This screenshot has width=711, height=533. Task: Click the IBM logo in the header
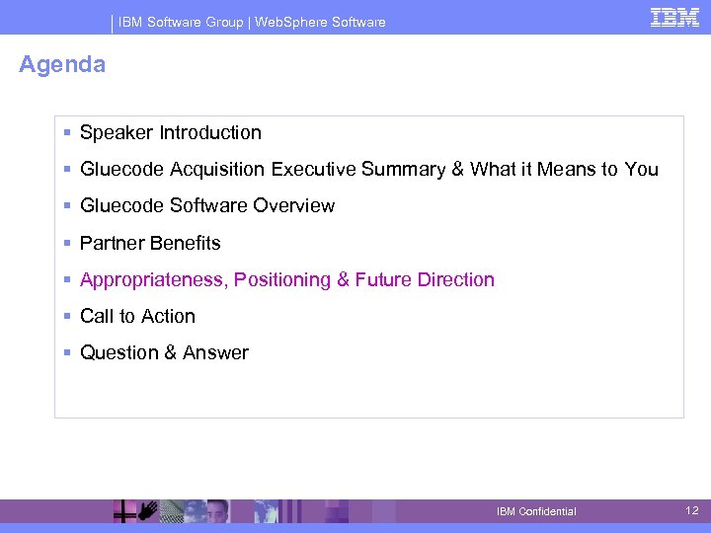tap(675, 17)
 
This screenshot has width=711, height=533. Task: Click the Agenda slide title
tap(62, 65)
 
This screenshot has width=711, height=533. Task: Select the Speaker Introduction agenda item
tap(170, 132)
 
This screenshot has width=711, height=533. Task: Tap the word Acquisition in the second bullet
tap(217, 170)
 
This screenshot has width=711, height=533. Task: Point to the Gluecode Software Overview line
tap(206, 206)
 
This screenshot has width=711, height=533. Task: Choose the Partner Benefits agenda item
tap(150, 243)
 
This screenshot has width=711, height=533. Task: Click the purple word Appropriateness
tap(154, 280)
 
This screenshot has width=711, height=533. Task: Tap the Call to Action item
tap(137, 317)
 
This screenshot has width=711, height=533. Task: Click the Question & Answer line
tap(164, 353)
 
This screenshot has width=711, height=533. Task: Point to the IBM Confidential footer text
tap(536, 511)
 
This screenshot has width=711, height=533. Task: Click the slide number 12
tap(691, 510)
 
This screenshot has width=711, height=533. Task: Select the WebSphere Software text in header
tap(320, 22)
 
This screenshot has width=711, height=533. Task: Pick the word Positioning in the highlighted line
tap(283, 280)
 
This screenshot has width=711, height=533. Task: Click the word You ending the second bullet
tap(642, 170)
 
